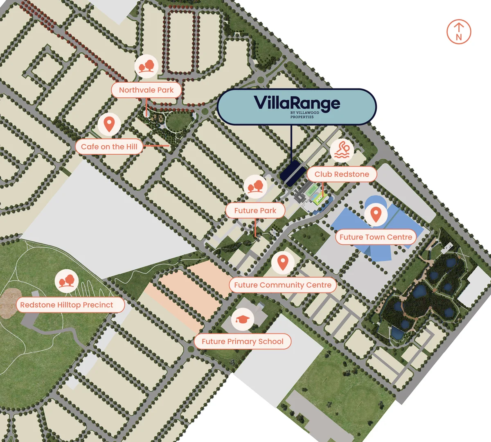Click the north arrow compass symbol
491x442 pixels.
tap(459, 32)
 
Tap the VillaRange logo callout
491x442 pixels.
tap(296, 106)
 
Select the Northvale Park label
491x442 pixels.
tap(146, 90)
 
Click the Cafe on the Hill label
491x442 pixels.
tap(109, 147)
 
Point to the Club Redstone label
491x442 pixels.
tap(342, 174)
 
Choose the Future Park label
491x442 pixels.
tap(255, 210)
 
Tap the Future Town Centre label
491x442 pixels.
tap(376, 237)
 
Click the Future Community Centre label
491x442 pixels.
tap(283, 285)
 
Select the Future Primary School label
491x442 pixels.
tap(242, 341)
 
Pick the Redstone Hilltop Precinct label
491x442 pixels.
tap(67, 305)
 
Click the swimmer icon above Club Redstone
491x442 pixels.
tap(342, 150)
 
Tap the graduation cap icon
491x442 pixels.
tap(243, 320)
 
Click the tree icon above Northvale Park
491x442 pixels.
tap(146, 66)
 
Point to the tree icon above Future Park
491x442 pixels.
tap(255, 187)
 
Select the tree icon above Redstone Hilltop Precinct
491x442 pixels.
tap(67, 281)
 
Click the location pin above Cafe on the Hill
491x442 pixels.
tap(109, 124)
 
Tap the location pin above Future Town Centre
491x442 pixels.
tap(376, 214)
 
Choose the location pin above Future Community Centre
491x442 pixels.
tap(283, 262)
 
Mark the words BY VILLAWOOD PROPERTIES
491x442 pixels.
tap(305, 115)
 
